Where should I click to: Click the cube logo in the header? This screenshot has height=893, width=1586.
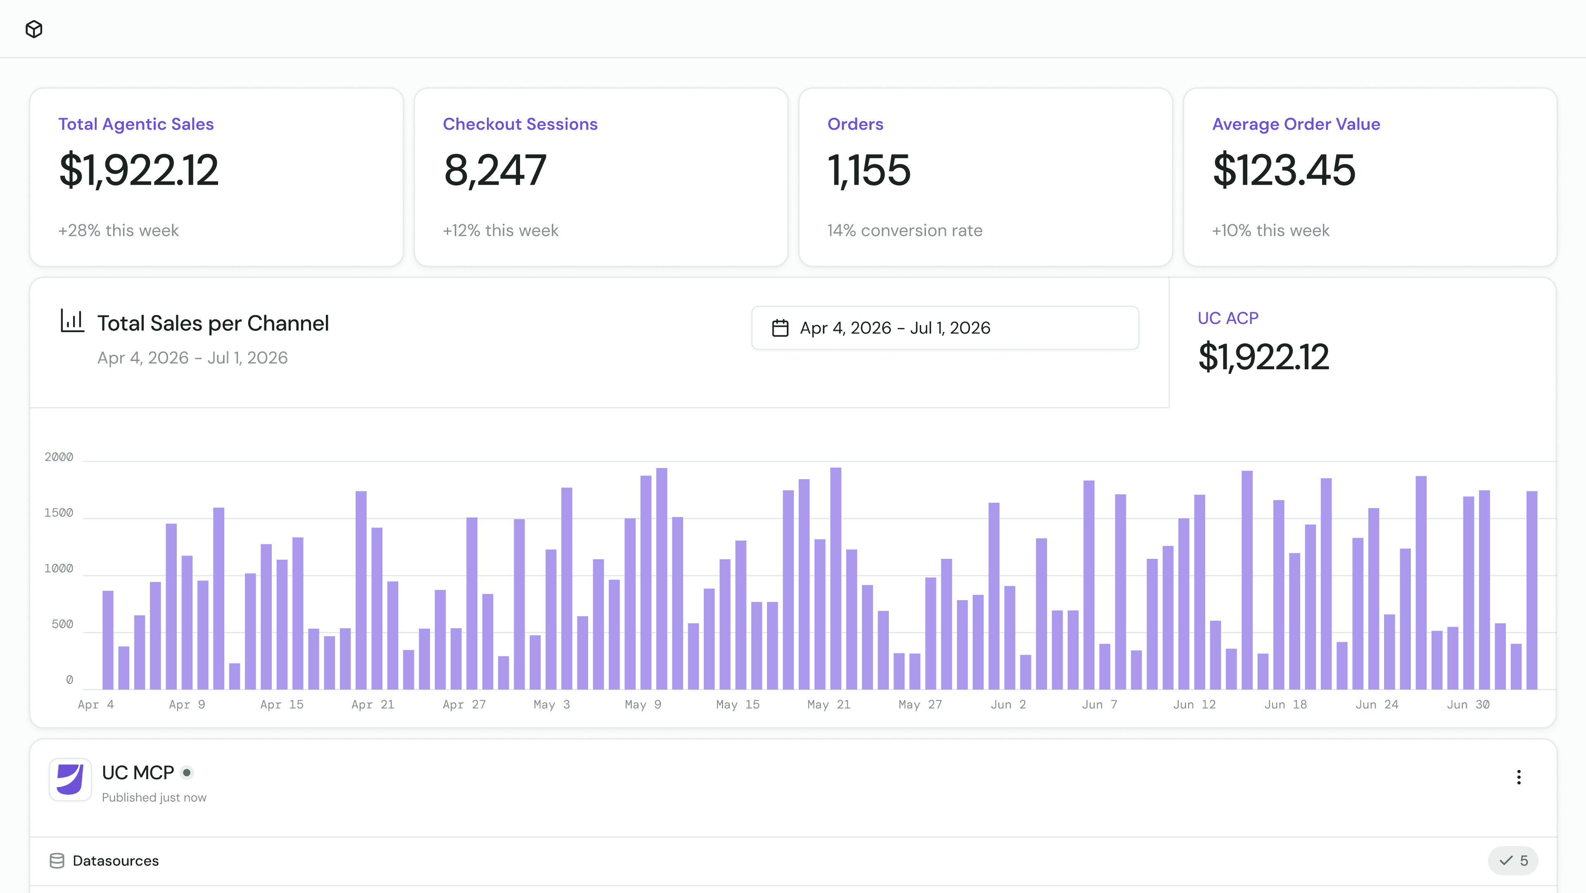pos(34,29)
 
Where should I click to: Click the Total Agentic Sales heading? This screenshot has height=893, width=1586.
pos(136,124)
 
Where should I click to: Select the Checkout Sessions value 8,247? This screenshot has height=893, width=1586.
pos(495,170)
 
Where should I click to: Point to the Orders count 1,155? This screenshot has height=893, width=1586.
pos(869,170)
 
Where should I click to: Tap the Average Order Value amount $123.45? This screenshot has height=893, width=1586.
pos(1284,170)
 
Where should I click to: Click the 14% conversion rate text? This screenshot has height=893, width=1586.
pos(905,230)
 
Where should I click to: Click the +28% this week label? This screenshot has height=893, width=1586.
pos(119,230)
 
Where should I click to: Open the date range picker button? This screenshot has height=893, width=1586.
pos(945,328)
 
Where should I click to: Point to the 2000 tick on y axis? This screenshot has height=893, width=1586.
pos(59,457)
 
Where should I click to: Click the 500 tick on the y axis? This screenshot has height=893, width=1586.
pos(62,625)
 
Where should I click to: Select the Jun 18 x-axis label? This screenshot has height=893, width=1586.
pos(1286,705)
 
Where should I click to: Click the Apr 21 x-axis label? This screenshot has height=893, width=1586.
pos(373,705)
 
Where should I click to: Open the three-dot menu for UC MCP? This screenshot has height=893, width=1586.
pos(1519,777)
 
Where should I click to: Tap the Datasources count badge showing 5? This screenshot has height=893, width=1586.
pos(1513,860)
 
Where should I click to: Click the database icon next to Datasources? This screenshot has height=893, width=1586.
pos(57,860)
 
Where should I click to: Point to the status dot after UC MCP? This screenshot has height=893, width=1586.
pos(187,772)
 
